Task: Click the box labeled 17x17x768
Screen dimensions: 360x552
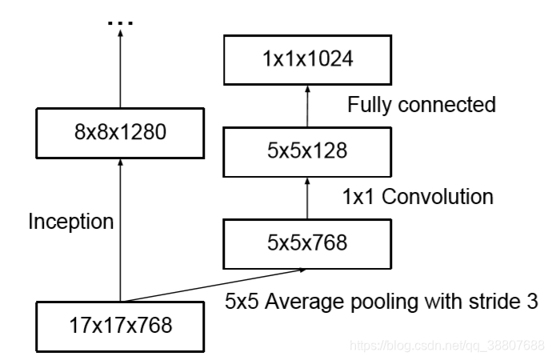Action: click(119, 326)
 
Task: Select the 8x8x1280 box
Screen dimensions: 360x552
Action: click(119, 132)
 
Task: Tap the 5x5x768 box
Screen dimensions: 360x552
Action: click(307, 242)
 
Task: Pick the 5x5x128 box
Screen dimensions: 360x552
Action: click(307, 150)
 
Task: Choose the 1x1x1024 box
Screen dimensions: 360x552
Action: click(307, 59)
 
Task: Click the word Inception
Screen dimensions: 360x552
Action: click(70, 222)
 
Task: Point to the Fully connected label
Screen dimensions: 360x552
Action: click(422, 105)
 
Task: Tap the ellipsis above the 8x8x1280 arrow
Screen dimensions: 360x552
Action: click(119, 22)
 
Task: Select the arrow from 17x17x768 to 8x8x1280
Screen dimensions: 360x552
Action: click(119, 232)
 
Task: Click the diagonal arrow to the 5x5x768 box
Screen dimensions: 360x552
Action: click(216, 286)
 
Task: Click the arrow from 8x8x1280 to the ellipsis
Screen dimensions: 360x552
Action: click(119, 72)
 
